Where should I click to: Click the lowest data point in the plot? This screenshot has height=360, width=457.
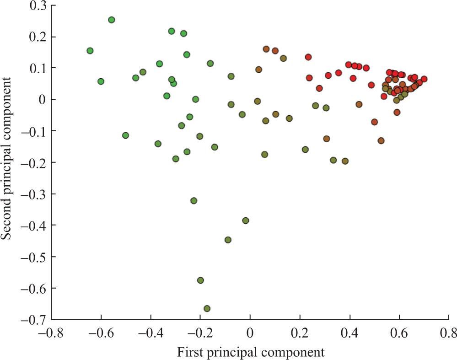pos(207,308)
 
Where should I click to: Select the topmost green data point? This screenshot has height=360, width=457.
pos(111,20)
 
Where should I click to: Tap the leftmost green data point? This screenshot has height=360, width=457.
pos(90,50)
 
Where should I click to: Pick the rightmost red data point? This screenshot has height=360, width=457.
pos(424,79)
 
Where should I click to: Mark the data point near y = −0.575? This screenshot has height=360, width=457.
pos(200,280)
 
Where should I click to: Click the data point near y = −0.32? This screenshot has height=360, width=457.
pos(194,200)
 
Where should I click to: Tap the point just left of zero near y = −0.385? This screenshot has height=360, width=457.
pos(246,220)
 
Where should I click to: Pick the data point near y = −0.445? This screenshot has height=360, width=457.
pos(228,240)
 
